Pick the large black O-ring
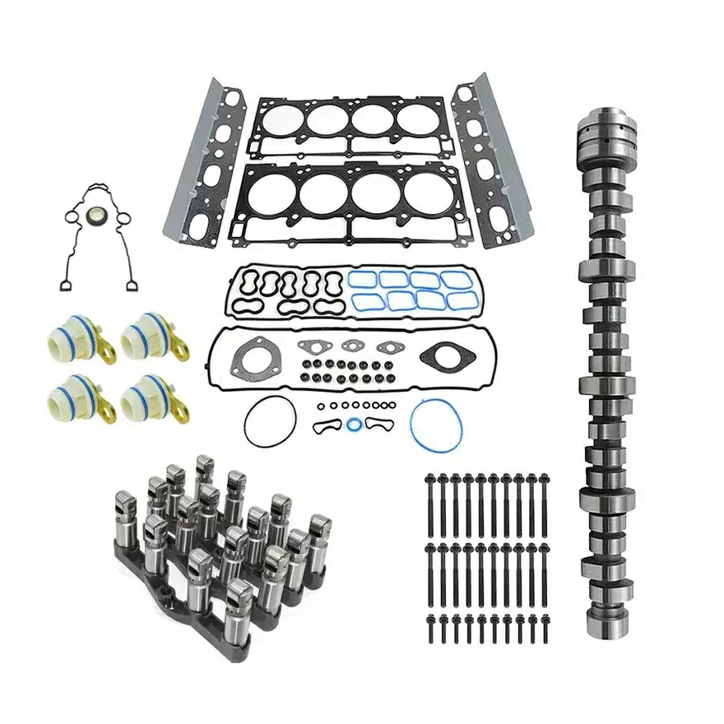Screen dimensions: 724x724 [268, 421]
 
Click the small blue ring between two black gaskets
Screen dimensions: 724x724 [353, 425]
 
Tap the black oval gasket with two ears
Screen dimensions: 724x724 [441, 356]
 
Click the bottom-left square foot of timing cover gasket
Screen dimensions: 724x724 [64, 284]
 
